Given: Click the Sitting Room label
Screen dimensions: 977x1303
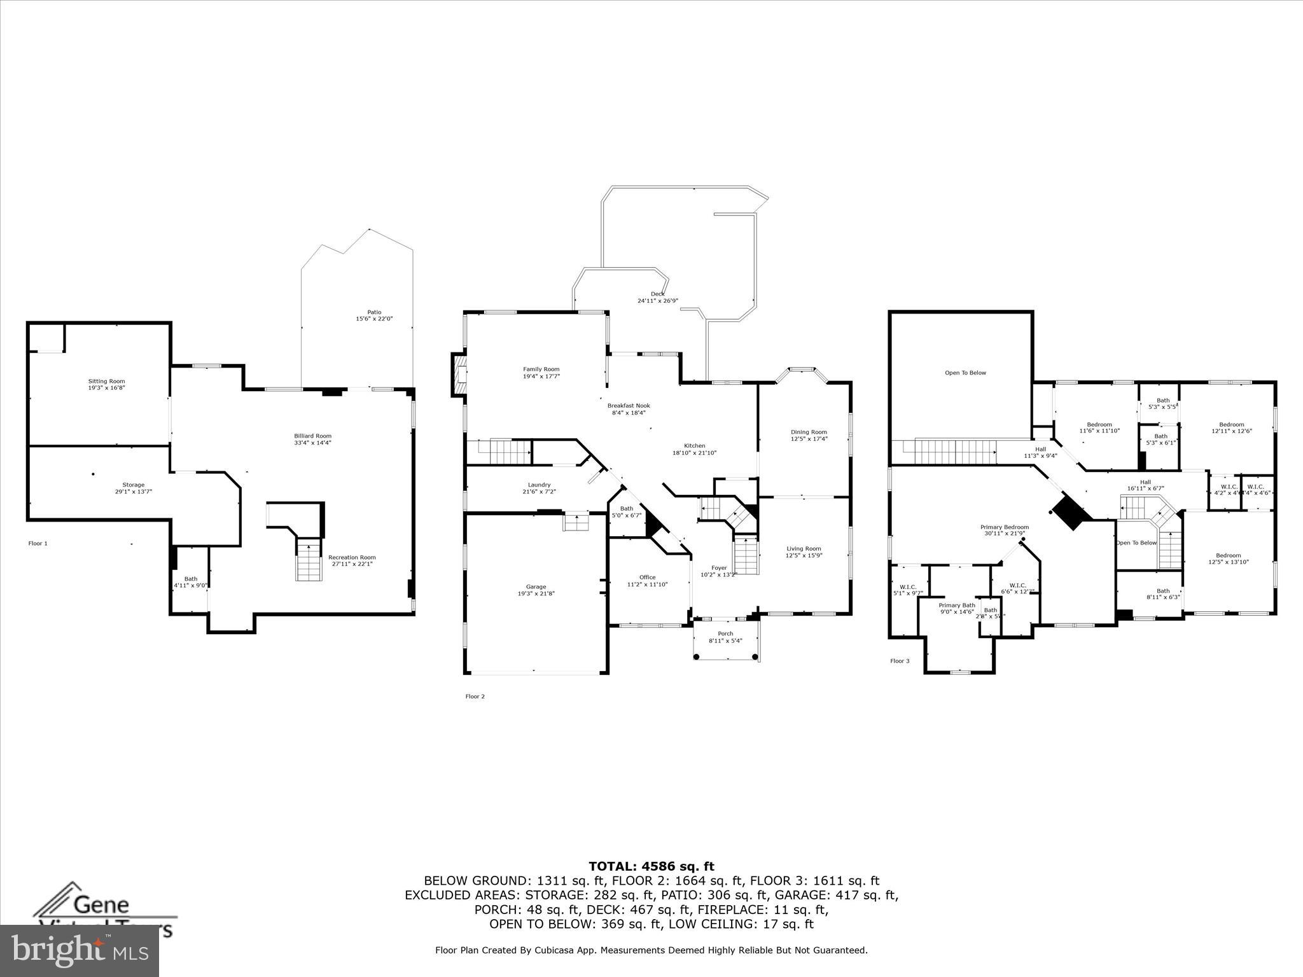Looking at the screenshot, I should (106, 381).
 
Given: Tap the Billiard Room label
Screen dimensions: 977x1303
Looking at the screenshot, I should (312, 436).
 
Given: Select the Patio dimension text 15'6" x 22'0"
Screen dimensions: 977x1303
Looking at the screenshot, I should (374, 319).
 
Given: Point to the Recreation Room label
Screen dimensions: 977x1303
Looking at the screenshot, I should (352, 557).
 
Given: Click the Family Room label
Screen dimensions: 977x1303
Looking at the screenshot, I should (541, 369).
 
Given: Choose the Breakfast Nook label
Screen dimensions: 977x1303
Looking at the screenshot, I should (628, 405).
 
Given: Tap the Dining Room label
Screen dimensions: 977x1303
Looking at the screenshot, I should (809, 432).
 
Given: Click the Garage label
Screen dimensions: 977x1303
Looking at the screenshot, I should (536, 586).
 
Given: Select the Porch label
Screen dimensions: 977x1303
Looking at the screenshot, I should (725, 634).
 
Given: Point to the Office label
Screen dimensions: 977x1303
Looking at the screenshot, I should (647, 577).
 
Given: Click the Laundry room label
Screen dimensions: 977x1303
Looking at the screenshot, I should (539, 485).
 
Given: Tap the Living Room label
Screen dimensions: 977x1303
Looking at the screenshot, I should (804, 548).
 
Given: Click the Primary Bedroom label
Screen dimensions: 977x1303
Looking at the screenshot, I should (1004, 527).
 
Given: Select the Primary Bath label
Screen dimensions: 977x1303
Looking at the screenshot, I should (956, 605).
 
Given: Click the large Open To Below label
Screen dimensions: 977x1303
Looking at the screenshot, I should (965, 373).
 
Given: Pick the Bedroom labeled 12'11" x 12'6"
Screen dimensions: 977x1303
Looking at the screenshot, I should (1231, 424).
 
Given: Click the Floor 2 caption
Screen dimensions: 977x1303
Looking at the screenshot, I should (475, 696).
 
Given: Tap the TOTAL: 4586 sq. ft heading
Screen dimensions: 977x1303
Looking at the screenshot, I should (651, 866).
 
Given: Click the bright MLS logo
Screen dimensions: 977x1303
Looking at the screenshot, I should (80, 950).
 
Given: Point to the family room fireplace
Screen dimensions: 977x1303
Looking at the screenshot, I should (459, 375).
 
